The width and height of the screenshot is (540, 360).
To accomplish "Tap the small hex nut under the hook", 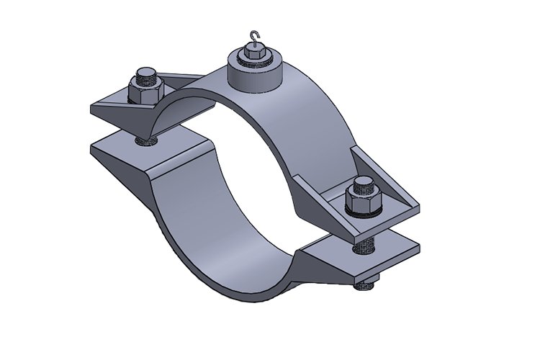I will pos(253,53).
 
